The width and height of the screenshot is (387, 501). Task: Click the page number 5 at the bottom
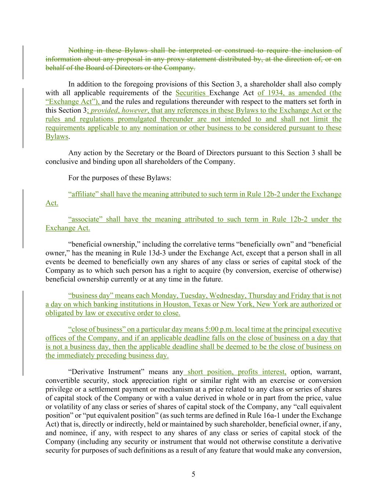[x=193, y=474]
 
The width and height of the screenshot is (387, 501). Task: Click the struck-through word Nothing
[x=81, y=50]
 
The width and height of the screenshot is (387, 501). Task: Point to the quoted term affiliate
[x=83, y=194]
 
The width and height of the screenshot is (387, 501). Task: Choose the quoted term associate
[x=84, y=219]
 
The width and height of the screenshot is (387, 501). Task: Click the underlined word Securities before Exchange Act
[x=190, y=93]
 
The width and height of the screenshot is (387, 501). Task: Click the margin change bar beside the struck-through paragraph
[x=23, y=62]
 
